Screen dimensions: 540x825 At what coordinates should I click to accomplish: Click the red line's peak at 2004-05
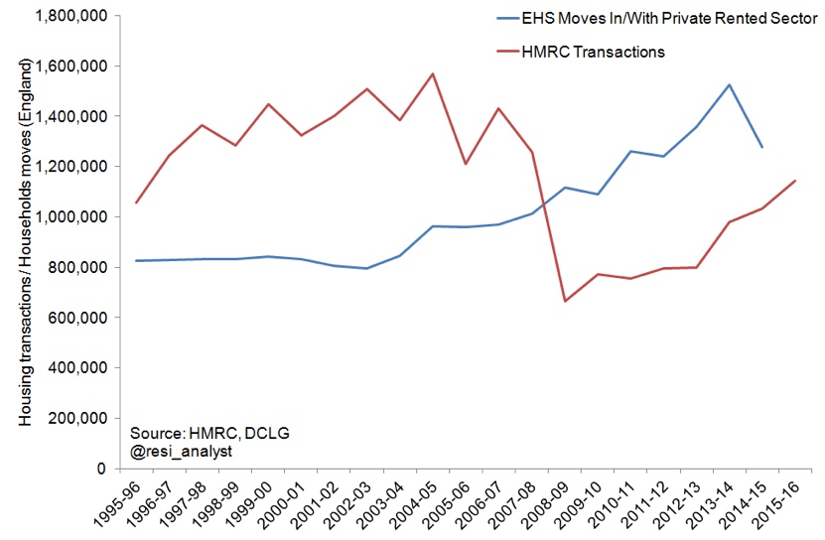click(x=433, y=73)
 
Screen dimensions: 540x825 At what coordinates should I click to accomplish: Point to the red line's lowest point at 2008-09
click(x=565, y=301)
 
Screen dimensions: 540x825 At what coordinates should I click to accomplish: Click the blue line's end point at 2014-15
click(x=761, y=147)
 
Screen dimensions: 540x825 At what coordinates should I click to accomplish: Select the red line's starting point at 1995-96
click(x=136, y=202)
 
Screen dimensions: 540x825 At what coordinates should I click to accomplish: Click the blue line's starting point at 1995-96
click(x=136, y=260)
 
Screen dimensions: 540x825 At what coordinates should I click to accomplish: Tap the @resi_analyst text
click(x=179, y=451)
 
